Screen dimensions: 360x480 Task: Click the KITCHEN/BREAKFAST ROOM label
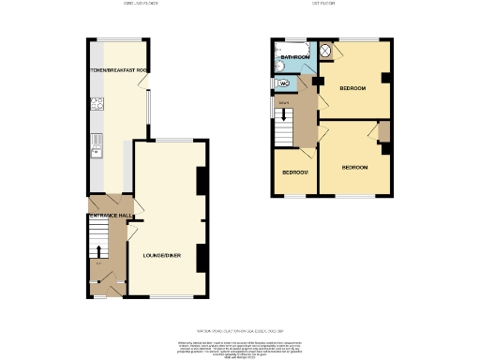119,70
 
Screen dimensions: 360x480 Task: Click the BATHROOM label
293,57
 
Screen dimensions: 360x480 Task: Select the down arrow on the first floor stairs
281,114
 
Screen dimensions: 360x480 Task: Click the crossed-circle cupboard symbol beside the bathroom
325,50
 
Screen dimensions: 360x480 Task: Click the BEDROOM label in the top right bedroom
352,88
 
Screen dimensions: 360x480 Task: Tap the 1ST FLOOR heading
324,5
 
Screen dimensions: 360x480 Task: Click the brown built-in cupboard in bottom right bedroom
384,132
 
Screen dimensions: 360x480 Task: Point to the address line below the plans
240,330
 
